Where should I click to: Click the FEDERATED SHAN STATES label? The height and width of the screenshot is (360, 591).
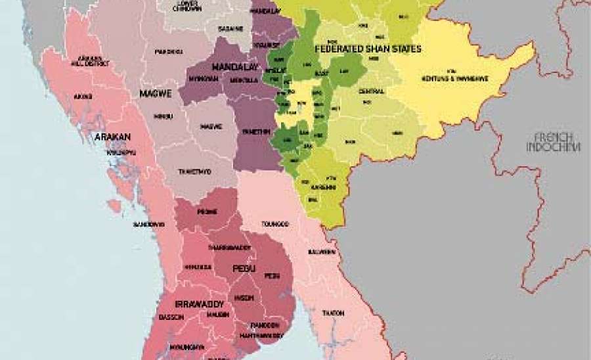(x=368, y=49)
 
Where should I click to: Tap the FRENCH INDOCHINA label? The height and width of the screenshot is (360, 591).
(x=553, y=142)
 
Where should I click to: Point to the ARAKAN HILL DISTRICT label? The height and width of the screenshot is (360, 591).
(x=90, y=62)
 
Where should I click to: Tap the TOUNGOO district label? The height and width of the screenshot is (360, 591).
(x=275, y=223)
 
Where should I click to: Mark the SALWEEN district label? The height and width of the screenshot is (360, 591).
(x=322, y=252)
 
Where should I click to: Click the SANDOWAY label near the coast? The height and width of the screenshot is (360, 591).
(x=148, y=224)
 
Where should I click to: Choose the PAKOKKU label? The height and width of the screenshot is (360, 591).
(x=169, y=51)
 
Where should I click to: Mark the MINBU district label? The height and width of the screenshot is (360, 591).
(x=163, y=116)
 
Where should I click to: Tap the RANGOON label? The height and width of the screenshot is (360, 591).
(x=265, y=325)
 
